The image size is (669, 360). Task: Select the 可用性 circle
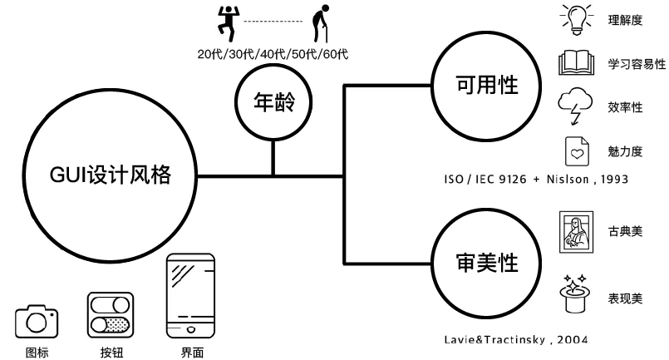[x=487, y=85]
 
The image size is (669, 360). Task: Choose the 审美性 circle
[x=487, y=262]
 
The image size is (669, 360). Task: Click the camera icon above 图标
[x=37, y=321]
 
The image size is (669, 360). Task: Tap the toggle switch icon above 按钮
[x=111, y=313]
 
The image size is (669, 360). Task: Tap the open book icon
[x=575, y=63]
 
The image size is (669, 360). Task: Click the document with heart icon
[x=576, y=151]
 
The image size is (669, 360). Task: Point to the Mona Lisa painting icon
[x=575, y=231]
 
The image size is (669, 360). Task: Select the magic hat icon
[x=575, y=292]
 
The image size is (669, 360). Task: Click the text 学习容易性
[x=637, y=64]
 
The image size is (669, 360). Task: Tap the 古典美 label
[x=625, y=231]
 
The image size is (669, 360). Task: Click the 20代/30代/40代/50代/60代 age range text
[x=273, y=55]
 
